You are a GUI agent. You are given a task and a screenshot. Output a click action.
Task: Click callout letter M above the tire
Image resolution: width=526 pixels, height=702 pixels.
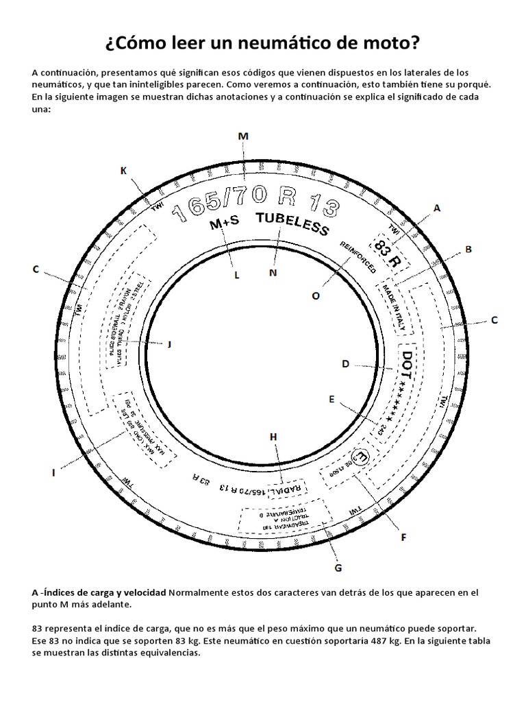[x=242, y=136]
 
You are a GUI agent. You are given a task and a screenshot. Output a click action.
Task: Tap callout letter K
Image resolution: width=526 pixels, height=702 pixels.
[x=124, y=170]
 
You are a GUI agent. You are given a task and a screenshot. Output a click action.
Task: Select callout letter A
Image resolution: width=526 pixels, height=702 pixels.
[x=436, y=207]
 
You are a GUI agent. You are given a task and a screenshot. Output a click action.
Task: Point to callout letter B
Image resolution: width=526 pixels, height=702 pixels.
[x=468, y=250]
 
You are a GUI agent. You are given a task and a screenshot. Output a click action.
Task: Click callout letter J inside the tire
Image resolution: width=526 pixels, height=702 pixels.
[x=169, y=344]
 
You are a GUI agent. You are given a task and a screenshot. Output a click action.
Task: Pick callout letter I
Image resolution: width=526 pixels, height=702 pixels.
[x=53, y=472]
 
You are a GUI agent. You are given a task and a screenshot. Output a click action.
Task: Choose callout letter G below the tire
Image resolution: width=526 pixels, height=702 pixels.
[x=338, y=568]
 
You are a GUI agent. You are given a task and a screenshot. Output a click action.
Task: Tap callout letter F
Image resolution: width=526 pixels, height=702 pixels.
[x=404, y=537]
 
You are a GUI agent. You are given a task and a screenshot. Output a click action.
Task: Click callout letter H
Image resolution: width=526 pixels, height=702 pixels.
[x=273, y=437]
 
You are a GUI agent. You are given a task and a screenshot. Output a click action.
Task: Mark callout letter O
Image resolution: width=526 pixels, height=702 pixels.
[x=316, y=296]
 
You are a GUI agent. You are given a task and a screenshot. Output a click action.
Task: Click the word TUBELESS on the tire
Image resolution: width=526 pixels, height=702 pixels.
[x=292, y=223]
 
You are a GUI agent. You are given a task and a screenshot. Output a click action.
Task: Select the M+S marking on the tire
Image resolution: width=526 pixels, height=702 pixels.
[x=225, y=224]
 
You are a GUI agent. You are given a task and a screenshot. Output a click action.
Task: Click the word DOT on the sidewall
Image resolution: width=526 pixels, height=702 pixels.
[x=409, y=363]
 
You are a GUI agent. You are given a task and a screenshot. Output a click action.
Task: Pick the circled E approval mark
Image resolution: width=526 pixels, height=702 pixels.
[x=360, y=457]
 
